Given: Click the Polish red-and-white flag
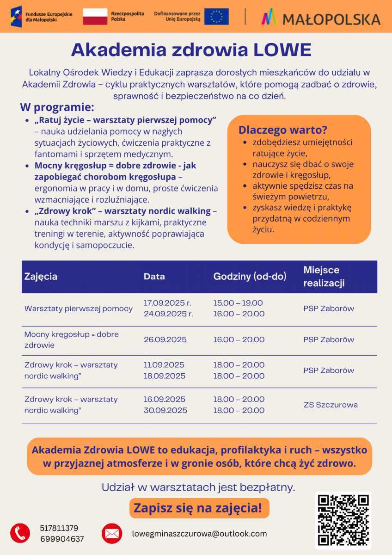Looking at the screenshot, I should (95, 16).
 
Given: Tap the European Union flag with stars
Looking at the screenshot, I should (216, 16).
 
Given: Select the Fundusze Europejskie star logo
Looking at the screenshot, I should (17, 16).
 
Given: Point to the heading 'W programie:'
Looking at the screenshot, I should (57, 107).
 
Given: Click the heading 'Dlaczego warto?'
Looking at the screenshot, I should (283, 130).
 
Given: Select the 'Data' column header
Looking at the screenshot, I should (154, 277).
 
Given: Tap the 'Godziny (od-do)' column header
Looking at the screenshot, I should (250, 277).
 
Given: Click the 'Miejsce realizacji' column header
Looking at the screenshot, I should (324, 277).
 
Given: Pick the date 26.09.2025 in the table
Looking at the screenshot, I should (165, 339).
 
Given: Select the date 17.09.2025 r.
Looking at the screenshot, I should (167, 303).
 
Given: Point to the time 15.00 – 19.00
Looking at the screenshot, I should (238, 303).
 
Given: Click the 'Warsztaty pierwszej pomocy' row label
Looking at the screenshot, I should (79, 308).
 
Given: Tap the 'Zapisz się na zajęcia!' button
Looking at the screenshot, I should (198, 508).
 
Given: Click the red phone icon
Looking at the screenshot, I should (20, 533).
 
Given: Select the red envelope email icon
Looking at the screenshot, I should (112, 533).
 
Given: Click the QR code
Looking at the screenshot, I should (343, 520).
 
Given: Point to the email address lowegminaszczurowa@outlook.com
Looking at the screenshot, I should (199, 533).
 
